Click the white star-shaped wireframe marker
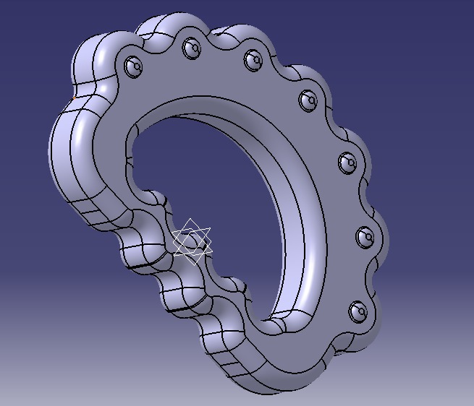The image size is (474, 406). click(192, 241)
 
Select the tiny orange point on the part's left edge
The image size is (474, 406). click(74, 97)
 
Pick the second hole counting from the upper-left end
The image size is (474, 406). click(192, 48)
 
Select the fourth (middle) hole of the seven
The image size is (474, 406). click(307, 98)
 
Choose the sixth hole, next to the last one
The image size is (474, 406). click(364, 236)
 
